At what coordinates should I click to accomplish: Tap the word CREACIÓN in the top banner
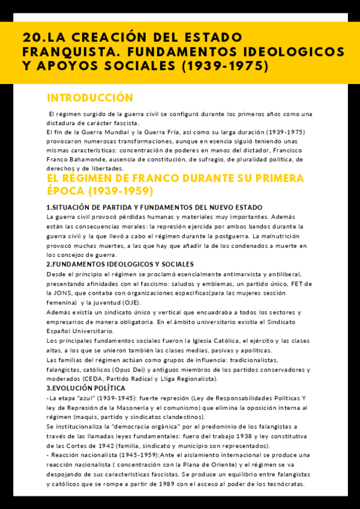coord(103,38)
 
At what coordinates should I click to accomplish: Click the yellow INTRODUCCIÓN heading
coord(90,98)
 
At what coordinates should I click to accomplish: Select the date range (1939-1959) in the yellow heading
coord(124,191)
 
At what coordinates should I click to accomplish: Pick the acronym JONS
coord(65,293)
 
